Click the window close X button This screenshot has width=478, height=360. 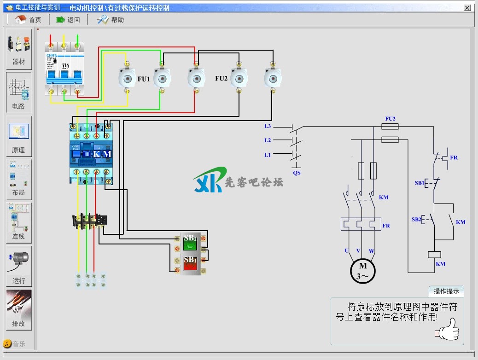(x=467, y=8)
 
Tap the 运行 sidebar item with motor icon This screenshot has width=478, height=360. (x=19, y=266)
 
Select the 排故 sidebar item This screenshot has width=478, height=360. (x=19, y=309)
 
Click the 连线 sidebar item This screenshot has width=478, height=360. (x=19, y=222)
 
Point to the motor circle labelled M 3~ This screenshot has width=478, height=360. (x=363, y=271)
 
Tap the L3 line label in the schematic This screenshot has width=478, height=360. (x=268, y=126)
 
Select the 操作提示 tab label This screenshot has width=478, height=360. (x=446, y=291)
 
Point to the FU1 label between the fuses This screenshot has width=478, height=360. (x=144, y=79)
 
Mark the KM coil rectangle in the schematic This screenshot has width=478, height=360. (x=435, y=254)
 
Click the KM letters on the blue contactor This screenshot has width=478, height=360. (x=102, y=154)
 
